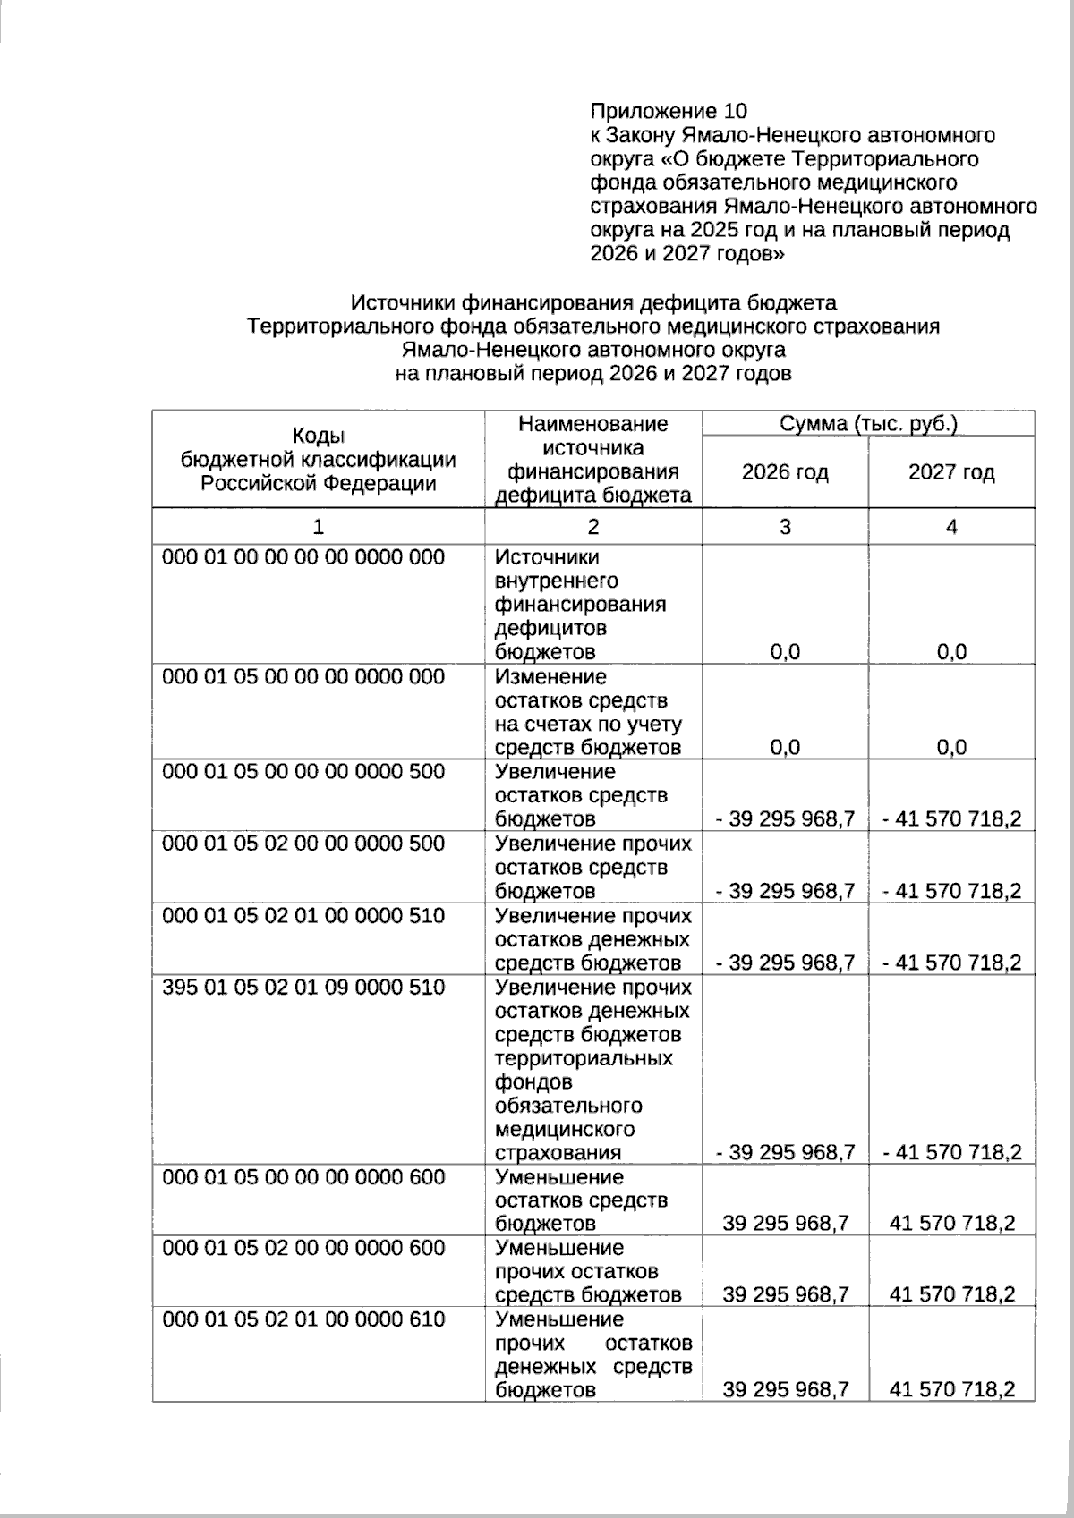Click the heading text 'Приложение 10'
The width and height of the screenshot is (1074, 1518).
tap(668, 111)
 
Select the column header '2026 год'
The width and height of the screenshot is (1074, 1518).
tap(785, 472)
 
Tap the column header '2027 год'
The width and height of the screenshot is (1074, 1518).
tap(951, 472)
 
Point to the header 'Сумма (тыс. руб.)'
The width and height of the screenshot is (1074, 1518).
tap(868, 424)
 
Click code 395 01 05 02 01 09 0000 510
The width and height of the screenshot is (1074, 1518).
tap(303, 988)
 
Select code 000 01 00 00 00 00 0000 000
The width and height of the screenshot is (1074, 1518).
tap(303, 557)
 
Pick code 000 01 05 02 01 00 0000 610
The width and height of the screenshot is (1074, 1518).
tap(303, 1319)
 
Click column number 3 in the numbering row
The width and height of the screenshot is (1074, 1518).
tap(785, 527)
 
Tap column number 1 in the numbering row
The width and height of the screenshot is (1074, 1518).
tap(319, 527)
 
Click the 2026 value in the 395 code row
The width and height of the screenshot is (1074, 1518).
tap(785, 1152)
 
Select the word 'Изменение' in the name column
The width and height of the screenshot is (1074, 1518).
tap(550, 677)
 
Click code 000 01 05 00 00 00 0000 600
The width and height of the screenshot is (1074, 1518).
tap(303, 1177)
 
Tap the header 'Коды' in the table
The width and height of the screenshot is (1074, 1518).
tap(319, 436)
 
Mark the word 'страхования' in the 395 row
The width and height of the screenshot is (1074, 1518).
tap(558, 1152)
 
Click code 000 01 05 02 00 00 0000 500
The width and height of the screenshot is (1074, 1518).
tap(303, 844)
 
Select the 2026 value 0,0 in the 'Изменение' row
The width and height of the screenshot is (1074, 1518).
tap(785, 748)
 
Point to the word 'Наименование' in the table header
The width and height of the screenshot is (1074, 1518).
tap(593, 424)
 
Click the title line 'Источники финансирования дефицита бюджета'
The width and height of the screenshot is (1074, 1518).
tap(593, 302)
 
